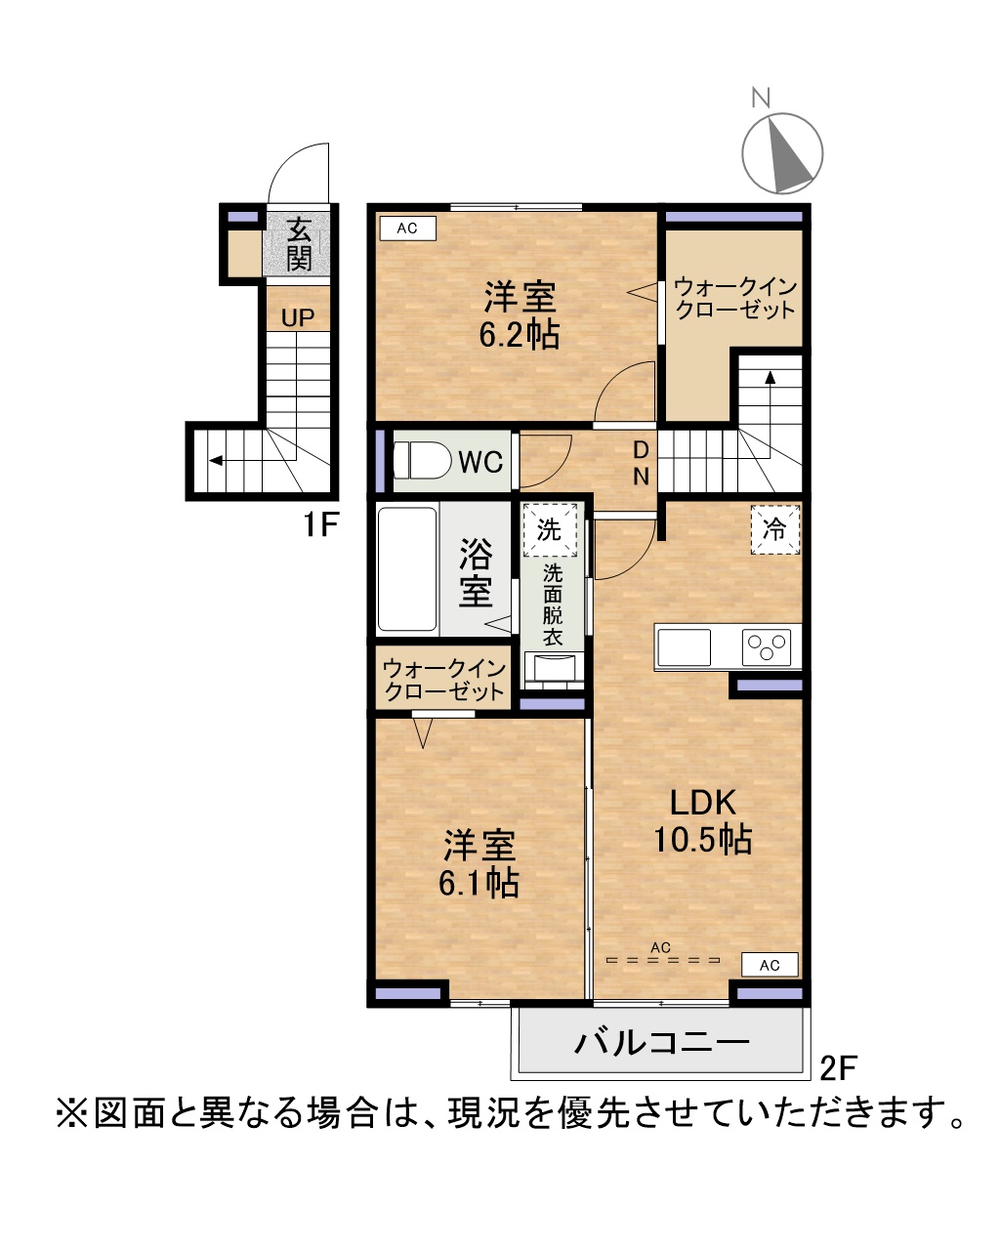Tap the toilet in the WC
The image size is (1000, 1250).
point(422,460)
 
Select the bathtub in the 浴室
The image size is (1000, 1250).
point(407,568)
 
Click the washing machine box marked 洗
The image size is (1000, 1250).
point(550,529)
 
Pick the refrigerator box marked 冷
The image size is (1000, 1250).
point(775,528)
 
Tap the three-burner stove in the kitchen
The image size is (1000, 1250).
point(767,647)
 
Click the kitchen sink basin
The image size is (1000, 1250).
point(684,647)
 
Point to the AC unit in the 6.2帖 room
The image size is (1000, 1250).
point(407,228)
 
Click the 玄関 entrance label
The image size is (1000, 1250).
point(299,244)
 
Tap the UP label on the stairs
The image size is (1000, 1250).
point(298,317)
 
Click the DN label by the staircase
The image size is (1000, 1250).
point(641,463)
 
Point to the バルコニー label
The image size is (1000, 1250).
point(662,1043)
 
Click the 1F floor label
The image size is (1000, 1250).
point(321,524)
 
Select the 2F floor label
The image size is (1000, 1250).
point(838,1066)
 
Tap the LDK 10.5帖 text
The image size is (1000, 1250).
point(703,820)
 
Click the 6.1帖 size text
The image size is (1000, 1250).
point(479,884)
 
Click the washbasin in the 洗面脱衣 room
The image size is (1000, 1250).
point(553,667)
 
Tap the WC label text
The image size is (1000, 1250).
point(480,462)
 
